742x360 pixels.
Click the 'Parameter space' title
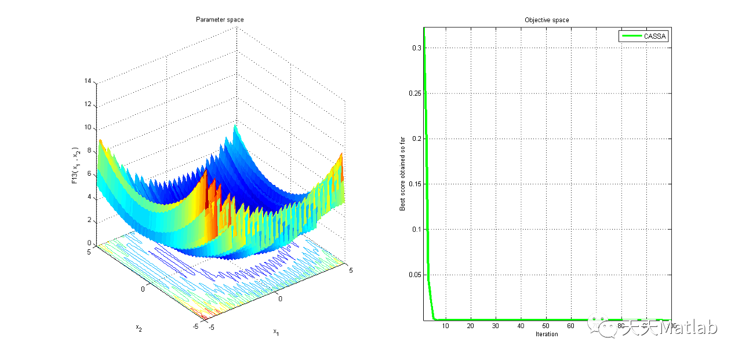point(219,20)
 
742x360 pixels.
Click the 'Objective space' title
point(547,20)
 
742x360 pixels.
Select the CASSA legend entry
point(656,36)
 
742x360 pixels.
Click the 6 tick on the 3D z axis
point(89,174)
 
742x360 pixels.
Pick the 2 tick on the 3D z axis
point(89,220)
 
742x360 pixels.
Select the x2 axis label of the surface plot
point(139,328)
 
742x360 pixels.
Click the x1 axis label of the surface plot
point(277,333)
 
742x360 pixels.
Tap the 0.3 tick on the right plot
point(416,48)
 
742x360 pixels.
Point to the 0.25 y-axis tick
point(414,93)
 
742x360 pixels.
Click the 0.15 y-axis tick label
point(414,184)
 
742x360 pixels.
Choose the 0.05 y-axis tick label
point(414,274)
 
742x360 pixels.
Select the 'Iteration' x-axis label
point(547,334)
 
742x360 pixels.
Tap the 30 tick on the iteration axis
point(496,326)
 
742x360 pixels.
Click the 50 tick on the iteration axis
point(546,326)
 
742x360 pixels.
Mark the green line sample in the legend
point(631,36)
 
